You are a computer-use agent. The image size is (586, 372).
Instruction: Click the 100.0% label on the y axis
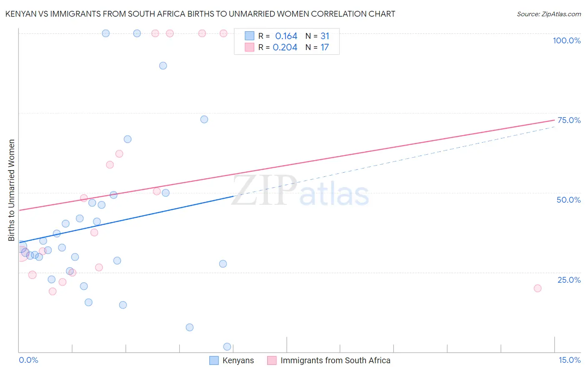(x=566, y=40)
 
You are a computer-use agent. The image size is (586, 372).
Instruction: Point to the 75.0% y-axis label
(x=569, y=120)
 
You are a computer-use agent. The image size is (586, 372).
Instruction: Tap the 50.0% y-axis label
(x=568, y=200)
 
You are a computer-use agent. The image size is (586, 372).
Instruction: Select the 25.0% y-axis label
(x=569, y=280)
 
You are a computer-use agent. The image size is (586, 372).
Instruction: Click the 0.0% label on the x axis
(x=28, y=360)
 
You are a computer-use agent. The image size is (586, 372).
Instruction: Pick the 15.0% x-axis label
(x=569, y=360)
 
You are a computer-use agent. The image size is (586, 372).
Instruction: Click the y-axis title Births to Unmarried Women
(x=12, y=190)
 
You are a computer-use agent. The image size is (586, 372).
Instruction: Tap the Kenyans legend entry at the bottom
(x=238, y=360)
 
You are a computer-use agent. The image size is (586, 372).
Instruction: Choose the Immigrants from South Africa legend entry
(x=335, y=360)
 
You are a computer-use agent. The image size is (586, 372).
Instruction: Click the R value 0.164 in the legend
(x=286, y=36)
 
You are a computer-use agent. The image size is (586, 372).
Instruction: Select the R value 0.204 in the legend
(x=285, y=48)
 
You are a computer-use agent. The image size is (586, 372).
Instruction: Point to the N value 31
(x=325, y=36)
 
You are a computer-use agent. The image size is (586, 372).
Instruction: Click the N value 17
(x=324, y=48)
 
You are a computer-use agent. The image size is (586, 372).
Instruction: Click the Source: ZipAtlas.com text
(x=548, y=14)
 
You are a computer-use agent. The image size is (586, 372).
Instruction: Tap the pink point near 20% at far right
(x=537, y=288)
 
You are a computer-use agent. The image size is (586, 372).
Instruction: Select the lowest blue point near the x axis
(x=227, y=347)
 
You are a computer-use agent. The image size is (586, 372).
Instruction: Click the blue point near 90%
(x=163, y=65)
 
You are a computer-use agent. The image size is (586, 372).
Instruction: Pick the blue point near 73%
(x=204, y=119)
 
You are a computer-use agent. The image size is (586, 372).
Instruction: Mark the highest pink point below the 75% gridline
(x=119, y=154)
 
